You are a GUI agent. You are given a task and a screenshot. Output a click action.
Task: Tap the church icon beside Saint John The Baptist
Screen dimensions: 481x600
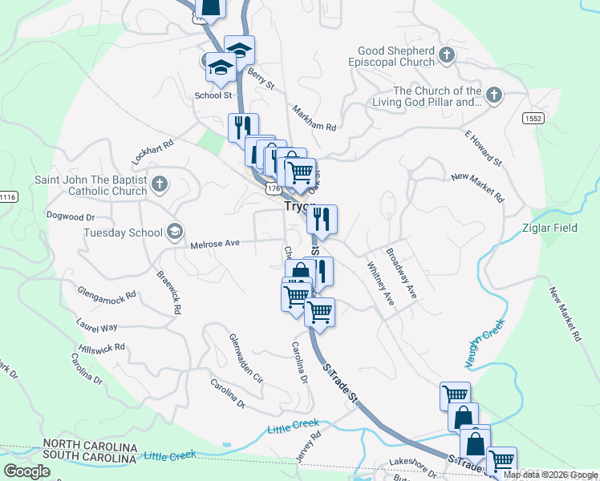(x=159, y=184)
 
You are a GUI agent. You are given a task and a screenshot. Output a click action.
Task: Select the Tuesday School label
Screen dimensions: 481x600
(x=123, y=233)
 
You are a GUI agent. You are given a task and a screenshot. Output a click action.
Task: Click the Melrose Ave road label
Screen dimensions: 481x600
(x=215, y=243)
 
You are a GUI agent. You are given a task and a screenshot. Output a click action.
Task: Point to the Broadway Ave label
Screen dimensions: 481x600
(x=401, y=273)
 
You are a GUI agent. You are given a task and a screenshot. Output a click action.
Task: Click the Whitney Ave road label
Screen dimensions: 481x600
(x=380, y=283)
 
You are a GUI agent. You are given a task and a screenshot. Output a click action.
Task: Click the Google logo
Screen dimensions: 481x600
(x=26, y=471)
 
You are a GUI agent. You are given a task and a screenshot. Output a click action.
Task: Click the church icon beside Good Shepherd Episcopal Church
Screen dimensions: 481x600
(x=447, y=55)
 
